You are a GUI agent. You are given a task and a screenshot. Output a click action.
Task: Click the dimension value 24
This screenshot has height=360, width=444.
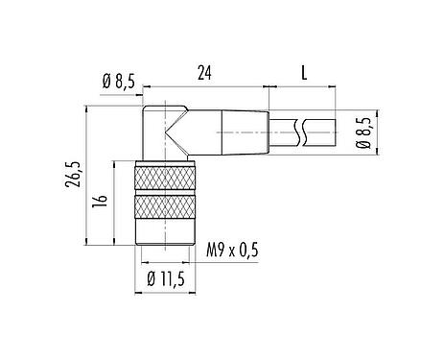pos(202,71)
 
